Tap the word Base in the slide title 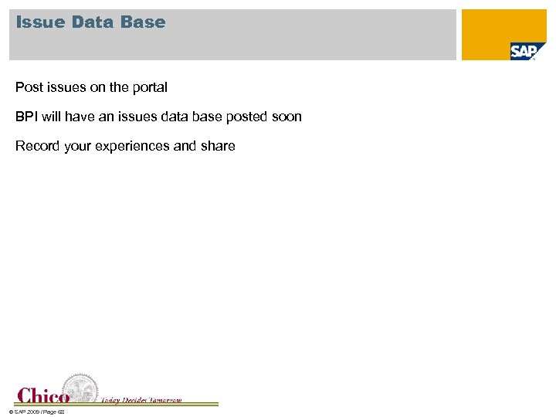click(x=144, y=22)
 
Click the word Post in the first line click(x=29, y=87)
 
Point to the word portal click(x=148, y=87)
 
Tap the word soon click(x=287, y=117)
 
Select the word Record click(x=36, y=146)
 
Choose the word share click(x=218, y=146)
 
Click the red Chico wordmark click(x=43, y=395)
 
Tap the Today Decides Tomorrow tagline click(x=141, y=399)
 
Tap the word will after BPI click(x=52, y=117)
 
